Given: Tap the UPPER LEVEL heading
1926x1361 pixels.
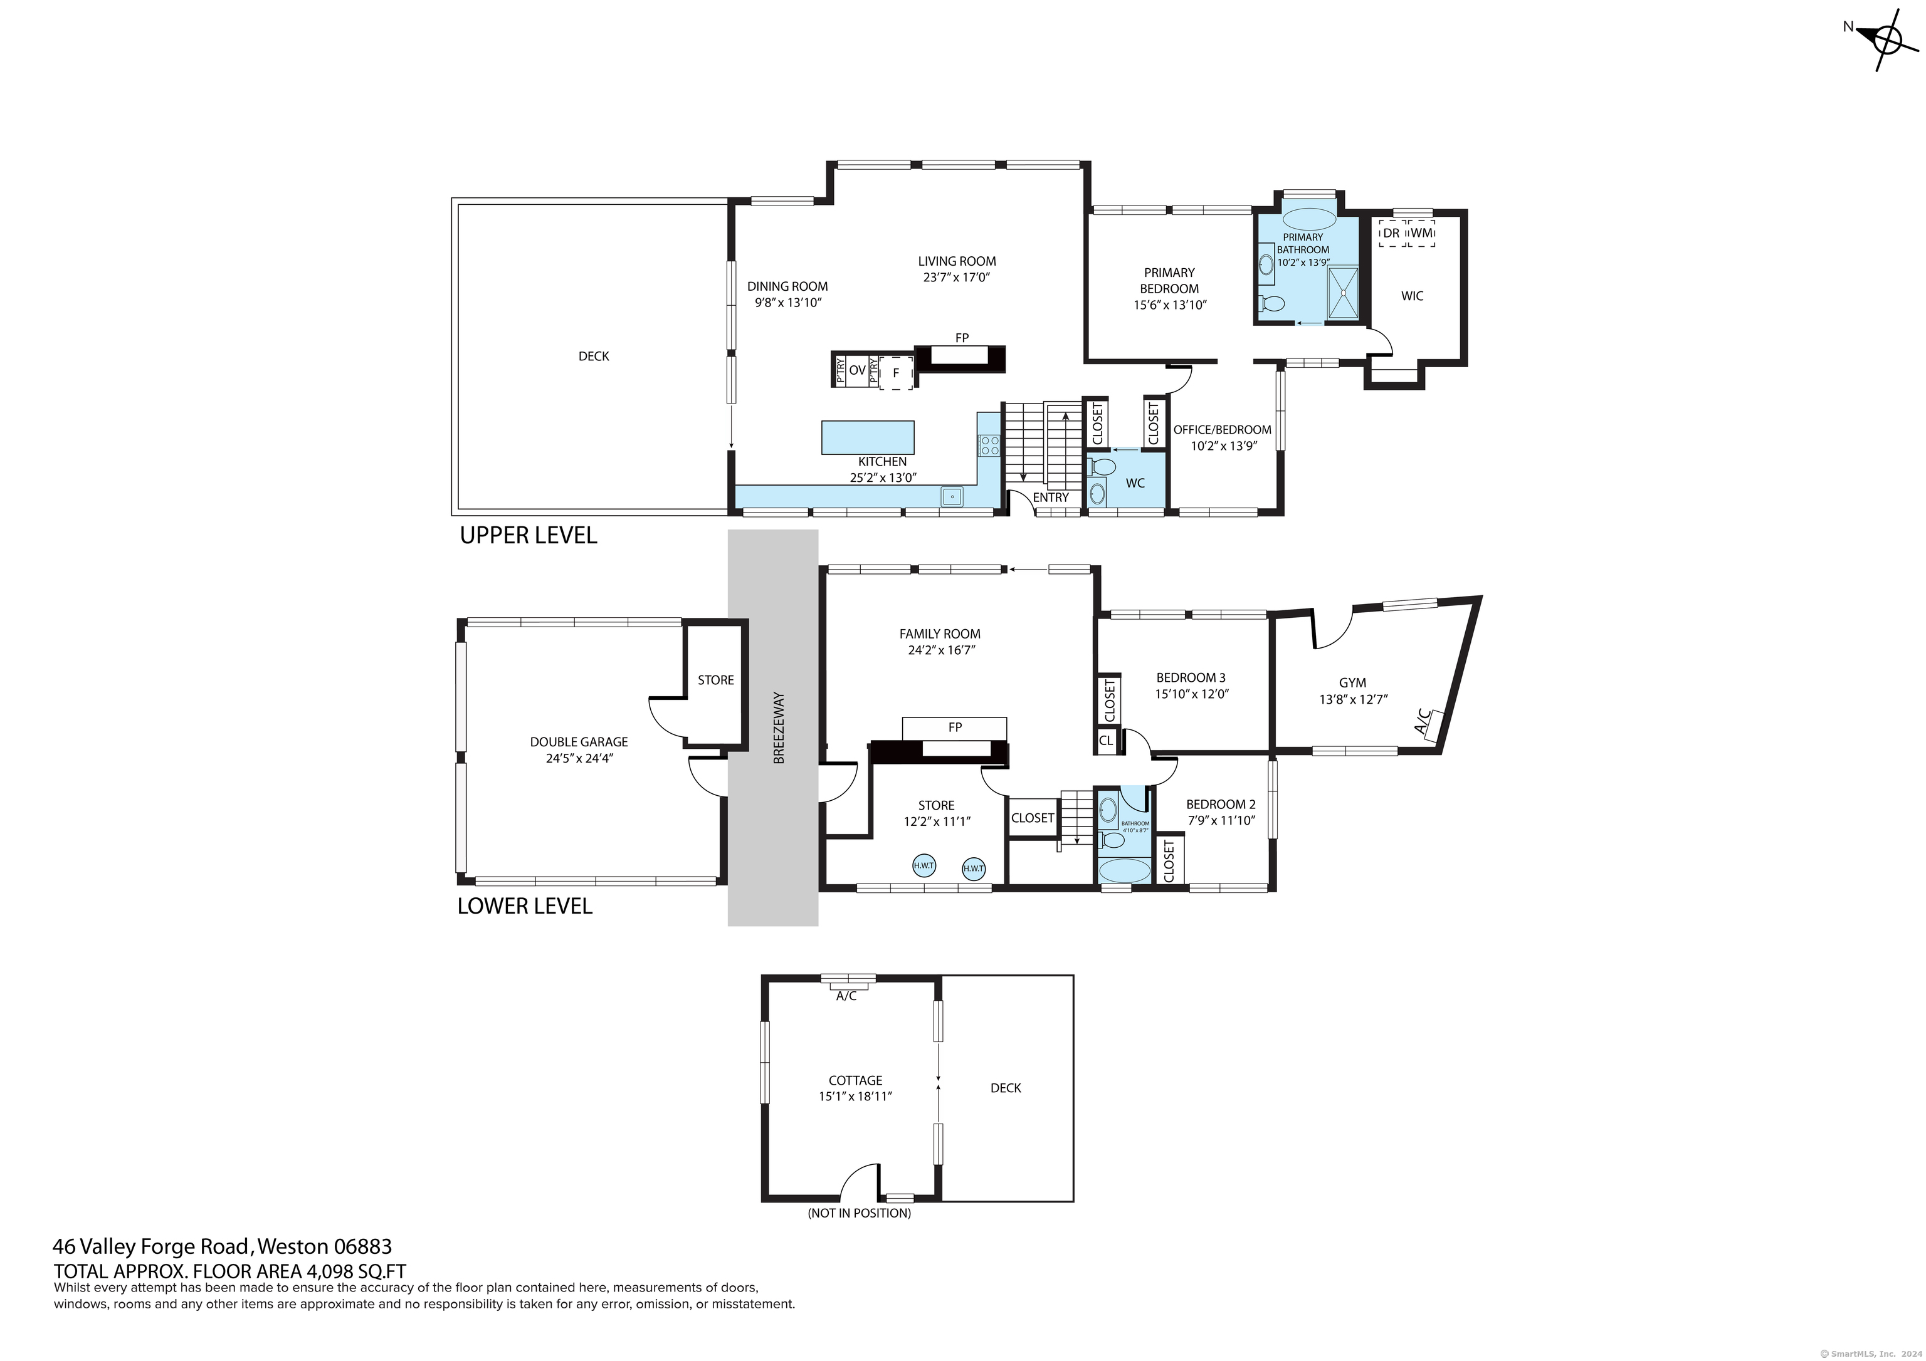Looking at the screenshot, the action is pyautogui.click(x=528, y=535).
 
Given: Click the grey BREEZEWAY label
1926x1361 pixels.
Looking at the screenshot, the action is pyautogui.click(x=779, y=727).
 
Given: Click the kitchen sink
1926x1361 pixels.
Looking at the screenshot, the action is pyautogui.click(x=952, y=496).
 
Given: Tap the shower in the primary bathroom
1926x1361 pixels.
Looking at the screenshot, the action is pyautogui.click(x=1343, y=293).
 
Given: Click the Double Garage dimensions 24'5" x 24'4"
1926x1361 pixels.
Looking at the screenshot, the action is pyautogui.click(x=579, y=758).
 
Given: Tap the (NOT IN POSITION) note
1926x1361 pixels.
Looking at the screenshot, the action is pyautogui.click(x=859, y=1212).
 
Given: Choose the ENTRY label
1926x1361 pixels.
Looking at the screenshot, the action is pyautogui.click(x=1051, y=498).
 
